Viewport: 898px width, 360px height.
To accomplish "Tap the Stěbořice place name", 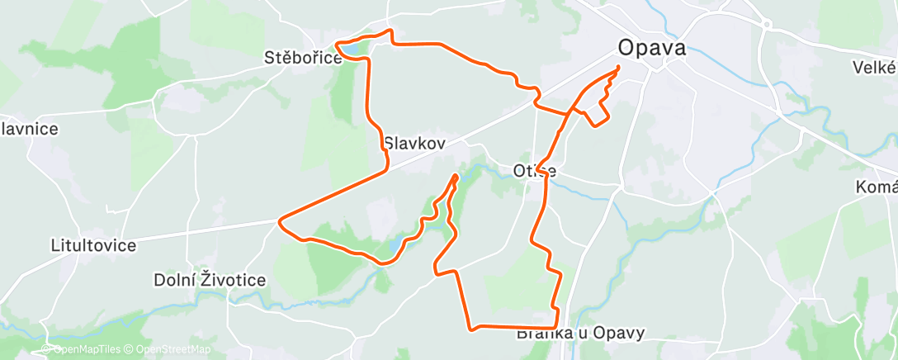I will pyautogui.click(x=302, y=59).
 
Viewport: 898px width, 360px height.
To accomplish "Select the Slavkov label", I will pyautogui.click(x=414, y=143).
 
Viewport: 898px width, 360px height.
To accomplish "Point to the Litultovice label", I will pyautogui.click(x=92, y=245).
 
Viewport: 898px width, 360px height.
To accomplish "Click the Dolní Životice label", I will pyautogui.click(x=210, y=280).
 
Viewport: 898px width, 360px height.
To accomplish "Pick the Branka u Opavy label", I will pyautogui.click(x=580, y=334).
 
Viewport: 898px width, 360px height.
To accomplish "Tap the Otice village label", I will pyautogui.click(x=535, y=172).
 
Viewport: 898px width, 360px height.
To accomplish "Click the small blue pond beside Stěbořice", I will pyautogui.click(x=350, y=50).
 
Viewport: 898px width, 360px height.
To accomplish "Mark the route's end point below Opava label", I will pyautogui.click(x=618, y=67).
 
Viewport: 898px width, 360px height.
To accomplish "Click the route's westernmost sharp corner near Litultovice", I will pyautogui.click(x=281, y=221).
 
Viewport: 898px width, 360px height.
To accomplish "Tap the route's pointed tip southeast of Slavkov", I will pyautogui.click(x=456, y=176).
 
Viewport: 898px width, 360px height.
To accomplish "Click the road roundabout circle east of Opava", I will pyautogui.click(x=766, y=25).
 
